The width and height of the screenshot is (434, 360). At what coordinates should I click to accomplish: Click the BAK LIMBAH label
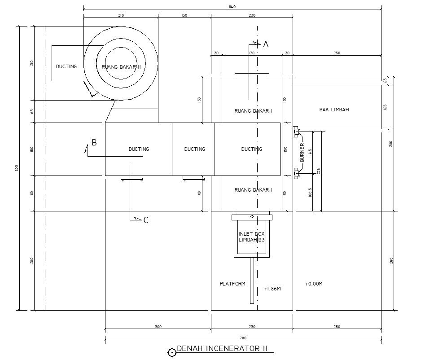[x=334, y=110]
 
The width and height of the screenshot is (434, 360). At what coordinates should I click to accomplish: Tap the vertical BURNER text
[x=302, y=153]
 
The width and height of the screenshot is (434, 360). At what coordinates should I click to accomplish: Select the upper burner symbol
[x=296, y=132]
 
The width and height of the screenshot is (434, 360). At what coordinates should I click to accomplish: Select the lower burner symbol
[x=296, y=173]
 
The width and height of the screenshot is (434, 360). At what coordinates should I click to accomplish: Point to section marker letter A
[x=265, y=44]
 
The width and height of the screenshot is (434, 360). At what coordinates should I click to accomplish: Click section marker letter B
[x=94, y=143]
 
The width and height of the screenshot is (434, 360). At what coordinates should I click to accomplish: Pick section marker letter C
[x=146, y=220]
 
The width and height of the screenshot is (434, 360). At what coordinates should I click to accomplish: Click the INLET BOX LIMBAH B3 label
[x=252, y=237]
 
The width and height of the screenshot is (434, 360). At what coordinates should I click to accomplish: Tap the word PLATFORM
[x=232, y=284]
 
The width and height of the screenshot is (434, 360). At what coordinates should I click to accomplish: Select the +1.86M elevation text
[x=272, y=289]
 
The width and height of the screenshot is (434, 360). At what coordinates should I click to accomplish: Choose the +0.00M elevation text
[x=314, y=284]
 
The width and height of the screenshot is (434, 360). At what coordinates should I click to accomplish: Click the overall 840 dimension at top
[x=232, y=7]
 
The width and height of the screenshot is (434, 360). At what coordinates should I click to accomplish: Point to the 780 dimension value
[x=243, y=338]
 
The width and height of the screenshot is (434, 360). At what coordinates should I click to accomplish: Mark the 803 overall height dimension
[x=17, y=168]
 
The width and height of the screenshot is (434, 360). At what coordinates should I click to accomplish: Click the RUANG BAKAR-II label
[x=121, y=67]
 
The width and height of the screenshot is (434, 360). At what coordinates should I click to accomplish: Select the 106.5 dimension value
[x=310, y=193]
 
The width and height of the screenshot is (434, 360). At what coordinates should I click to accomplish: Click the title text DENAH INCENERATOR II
[x=222, y=349]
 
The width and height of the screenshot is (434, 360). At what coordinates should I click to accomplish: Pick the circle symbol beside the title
[x=171, y=352]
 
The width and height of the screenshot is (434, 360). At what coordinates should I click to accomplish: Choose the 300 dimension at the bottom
[x=158, y=326]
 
